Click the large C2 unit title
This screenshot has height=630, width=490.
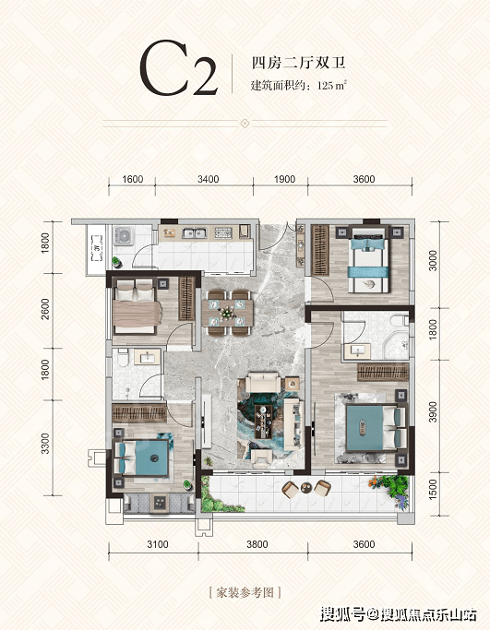[178, 68]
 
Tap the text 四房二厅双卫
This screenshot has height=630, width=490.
[298, 63]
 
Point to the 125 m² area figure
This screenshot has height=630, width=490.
[331, 86]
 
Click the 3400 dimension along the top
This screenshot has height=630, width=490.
[209, 179]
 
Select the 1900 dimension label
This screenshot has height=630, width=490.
[284, 179]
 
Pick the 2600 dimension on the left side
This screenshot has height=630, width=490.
[45, 309]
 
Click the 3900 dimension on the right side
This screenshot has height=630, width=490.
[433, 411]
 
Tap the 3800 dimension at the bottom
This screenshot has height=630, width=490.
[257, 544]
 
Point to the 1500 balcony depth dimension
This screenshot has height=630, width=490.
[433, 490]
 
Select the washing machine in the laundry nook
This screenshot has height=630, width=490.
[124, 236]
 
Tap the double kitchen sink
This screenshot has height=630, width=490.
[194, 232]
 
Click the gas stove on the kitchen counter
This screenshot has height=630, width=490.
[223, 232]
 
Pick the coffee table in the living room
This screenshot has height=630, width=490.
[264, 420]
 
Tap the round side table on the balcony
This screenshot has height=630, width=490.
[305, 488]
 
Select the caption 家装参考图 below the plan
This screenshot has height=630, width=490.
[245, 592]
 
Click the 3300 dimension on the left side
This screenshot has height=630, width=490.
[45, 444]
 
